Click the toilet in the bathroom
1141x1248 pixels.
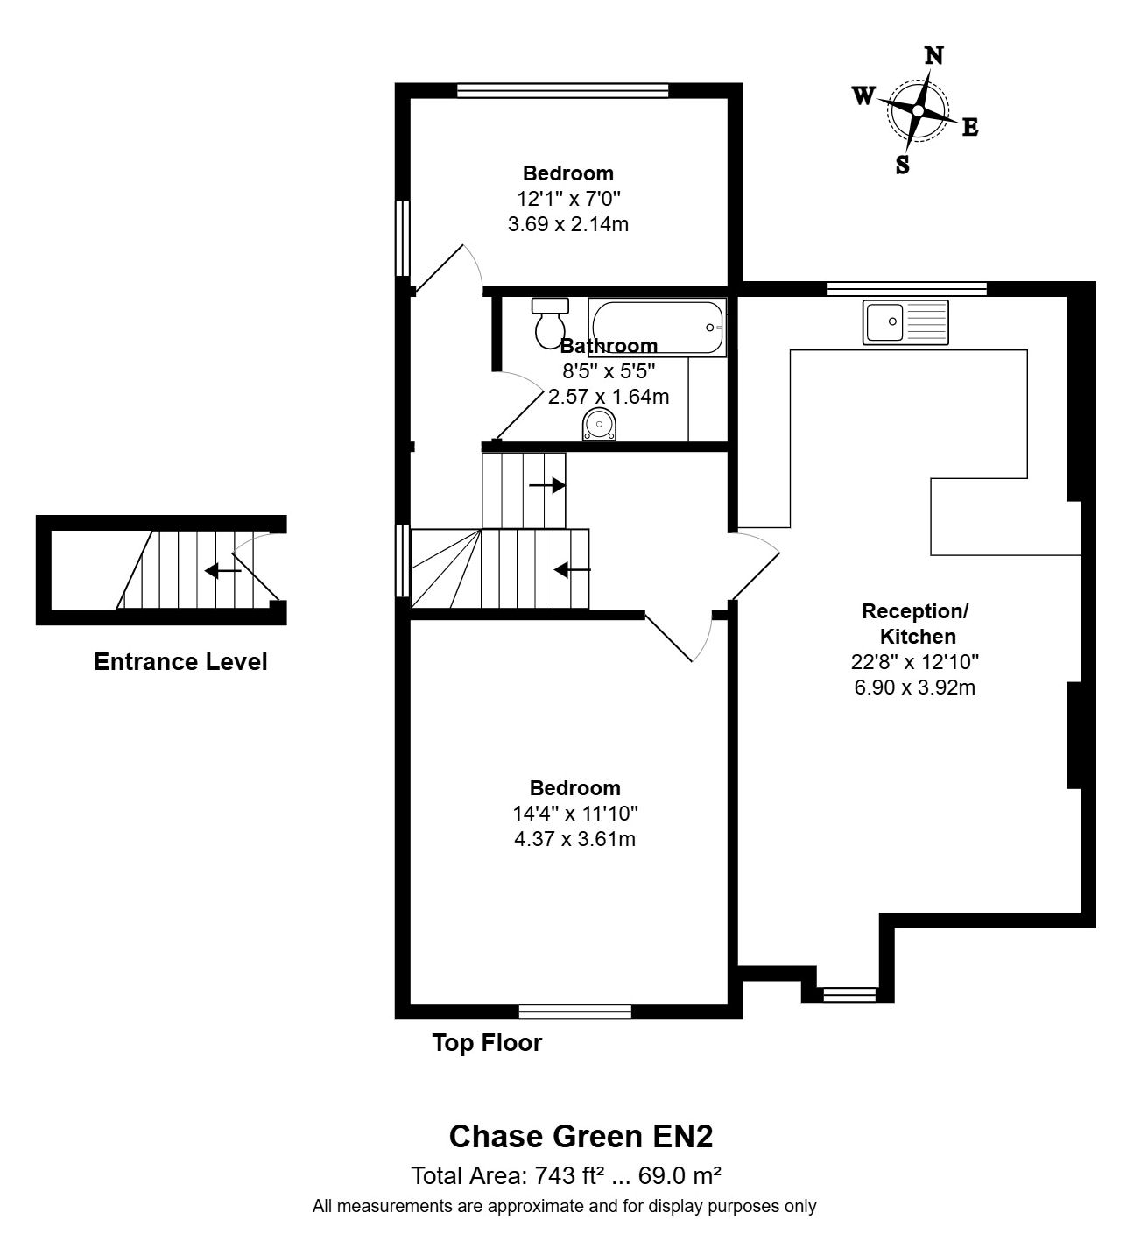tap(550, 321)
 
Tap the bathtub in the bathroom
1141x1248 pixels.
tap(657, 327)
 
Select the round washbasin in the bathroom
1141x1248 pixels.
tap(600, 426)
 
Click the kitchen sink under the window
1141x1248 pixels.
tap(905, 321)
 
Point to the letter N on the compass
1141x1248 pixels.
tap(934, 56)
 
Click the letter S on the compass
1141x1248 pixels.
tap(902, 165)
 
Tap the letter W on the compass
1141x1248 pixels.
tap(863, 96)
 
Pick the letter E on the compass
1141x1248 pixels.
tap(970, 128)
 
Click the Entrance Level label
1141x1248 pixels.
tap(180, 662)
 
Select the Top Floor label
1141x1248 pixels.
tap(487, 1043)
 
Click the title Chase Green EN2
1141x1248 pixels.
tap(581, 1137)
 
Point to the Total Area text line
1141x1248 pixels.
tap(566, 1174)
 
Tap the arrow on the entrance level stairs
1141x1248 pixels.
tap(222, 571)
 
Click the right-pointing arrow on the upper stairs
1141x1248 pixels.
tap(547, 485)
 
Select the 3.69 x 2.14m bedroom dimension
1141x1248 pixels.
tap(567, 224)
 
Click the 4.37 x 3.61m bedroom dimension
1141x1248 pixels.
tap(574, 839)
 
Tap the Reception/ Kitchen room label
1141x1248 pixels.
tap(915, 624)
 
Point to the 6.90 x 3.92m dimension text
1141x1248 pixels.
tap(914, 687)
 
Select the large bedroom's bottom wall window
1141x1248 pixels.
tap(574, 1012)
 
